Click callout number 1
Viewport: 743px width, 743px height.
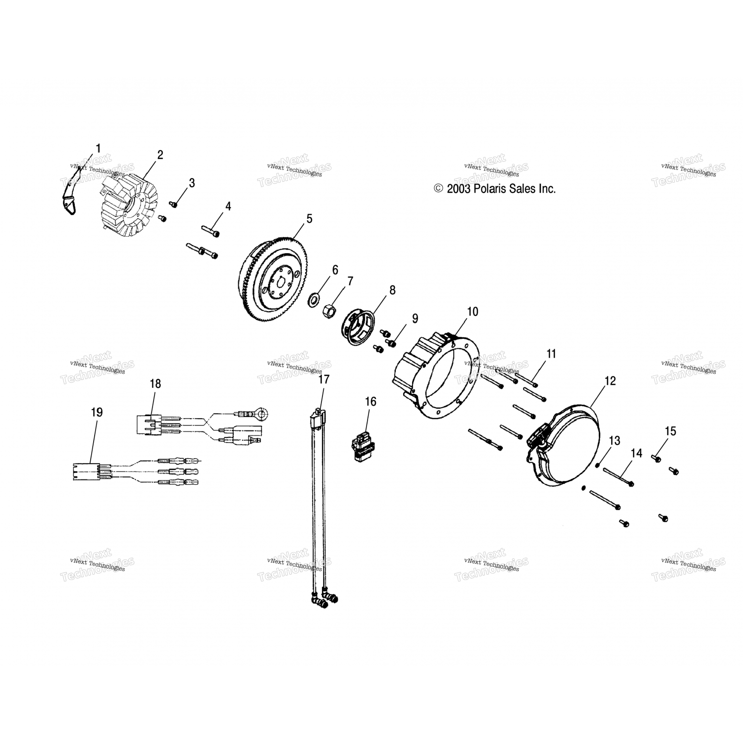[x=98, y=148]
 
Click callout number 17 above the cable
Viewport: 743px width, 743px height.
[x=323, y=379]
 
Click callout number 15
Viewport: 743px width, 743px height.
[x=670, y=431]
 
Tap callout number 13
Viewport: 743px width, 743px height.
[x=614, y=440]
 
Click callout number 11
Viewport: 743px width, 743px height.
[x=551, y=354]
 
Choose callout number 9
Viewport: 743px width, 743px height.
[x=415, y=318]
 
